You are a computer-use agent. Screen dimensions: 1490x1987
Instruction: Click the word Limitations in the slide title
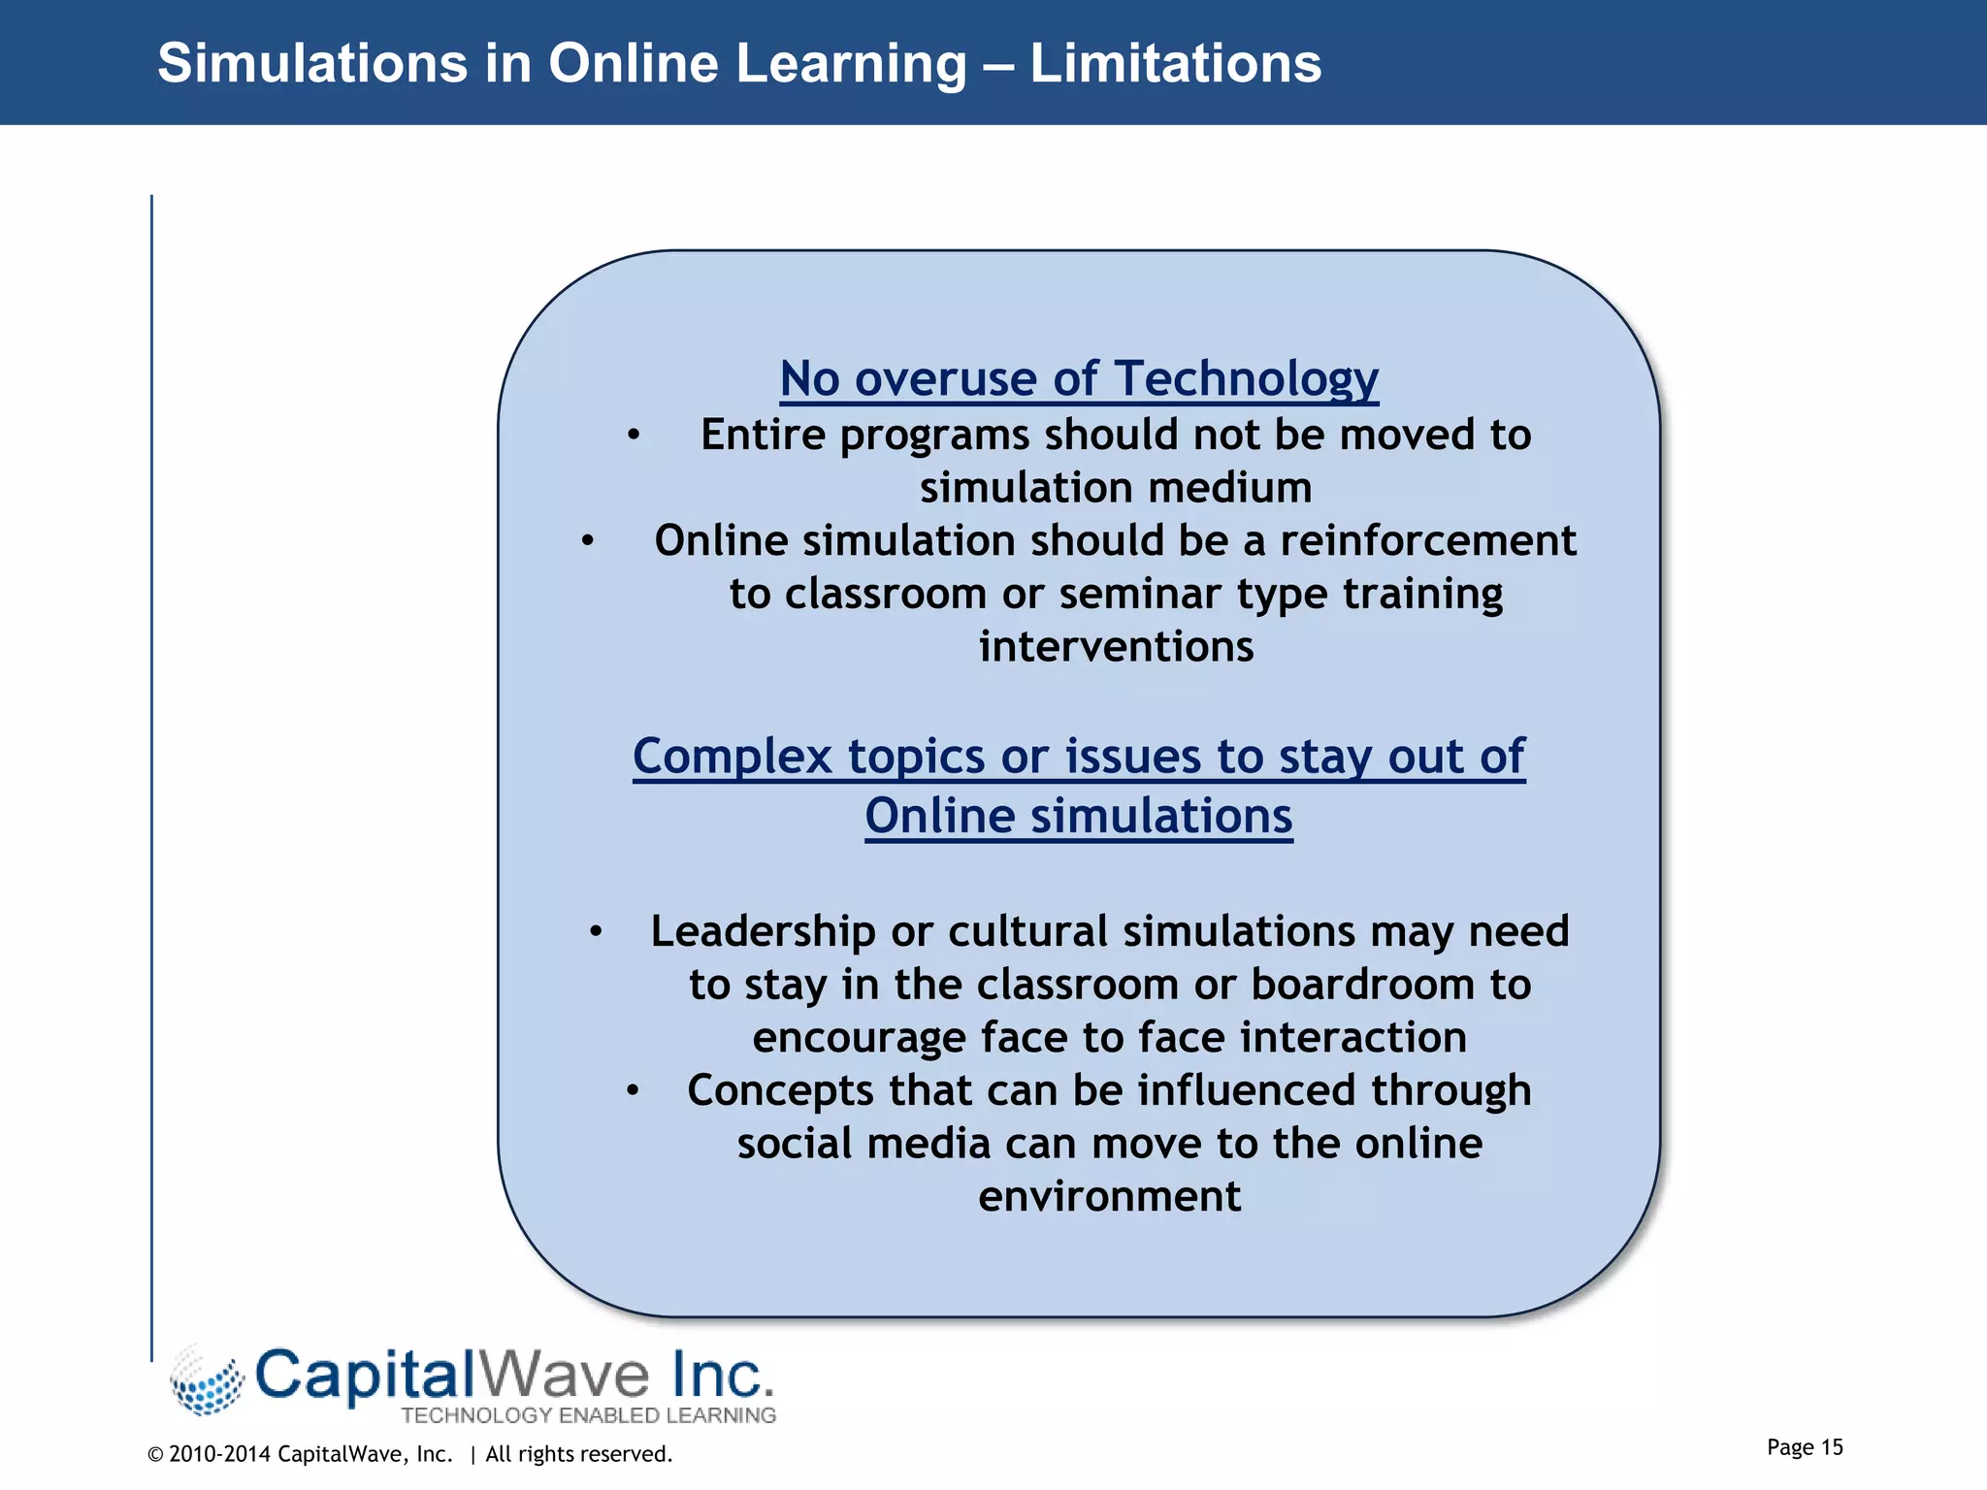click(x=1175, y=64)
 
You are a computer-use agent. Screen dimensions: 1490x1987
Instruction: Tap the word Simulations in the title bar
click(x=312, y=64)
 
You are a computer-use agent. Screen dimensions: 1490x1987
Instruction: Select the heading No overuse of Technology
click(x=1079, y=378)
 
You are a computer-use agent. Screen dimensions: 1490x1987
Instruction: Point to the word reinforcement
click(x=1428, y=540)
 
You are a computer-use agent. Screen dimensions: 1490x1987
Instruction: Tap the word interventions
click(x=1116, y=647)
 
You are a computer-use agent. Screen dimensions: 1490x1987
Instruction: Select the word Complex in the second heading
click(x=733, y=757)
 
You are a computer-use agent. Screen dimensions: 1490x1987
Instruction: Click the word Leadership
click(x=763, y=931)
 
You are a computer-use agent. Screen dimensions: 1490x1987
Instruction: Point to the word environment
click(x=1109, y=1196)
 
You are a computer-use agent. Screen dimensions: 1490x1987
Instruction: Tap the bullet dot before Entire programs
click(x=633, y=436)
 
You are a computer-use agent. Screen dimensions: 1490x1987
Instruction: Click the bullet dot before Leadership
click(x=596, y=932)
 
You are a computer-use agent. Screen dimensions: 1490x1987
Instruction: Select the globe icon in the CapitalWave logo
click(x=207, y=1380)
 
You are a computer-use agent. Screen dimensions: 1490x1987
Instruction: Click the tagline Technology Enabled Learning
click(x=588, y=1415)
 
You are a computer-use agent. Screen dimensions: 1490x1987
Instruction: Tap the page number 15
click(x=1832, y=1447)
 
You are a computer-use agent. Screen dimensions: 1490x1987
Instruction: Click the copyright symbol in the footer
click(x=155, y=1454)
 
